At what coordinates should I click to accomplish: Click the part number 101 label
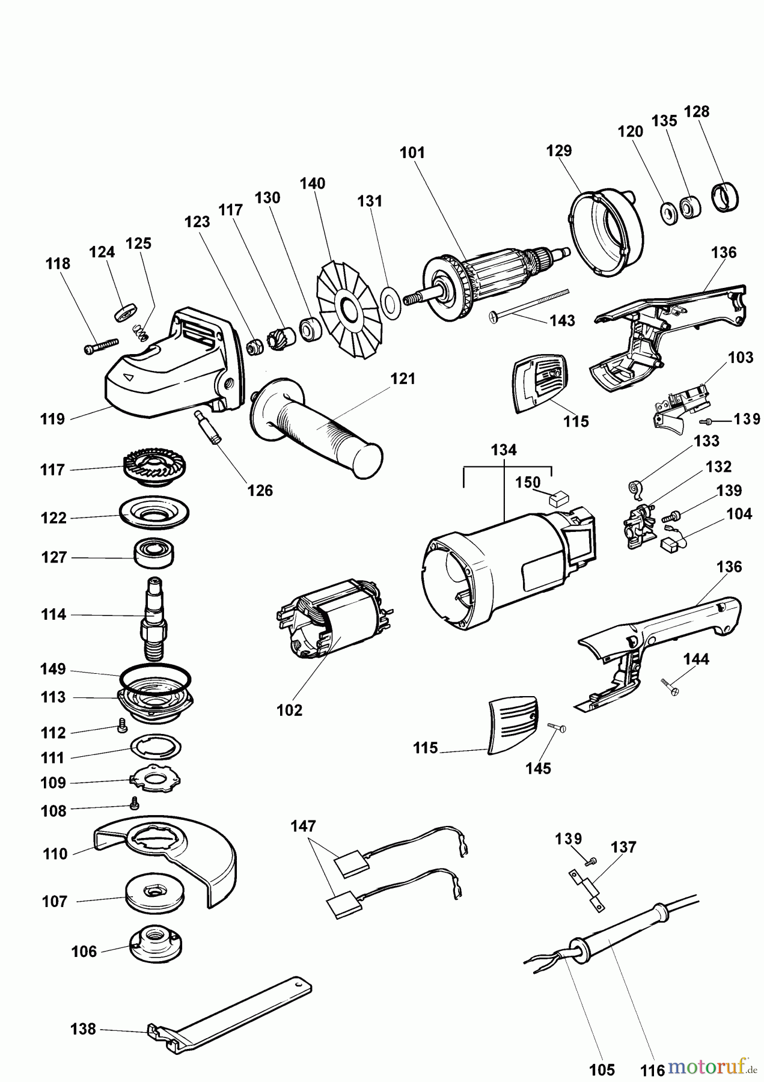tap(412, 153)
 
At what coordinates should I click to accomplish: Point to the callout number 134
tap(503, 450)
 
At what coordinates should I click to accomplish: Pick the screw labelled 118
tap(100, 347)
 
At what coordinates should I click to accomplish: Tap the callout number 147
tap(303, 827)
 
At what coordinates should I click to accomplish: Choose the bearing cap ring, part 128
tap(725, 197)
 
